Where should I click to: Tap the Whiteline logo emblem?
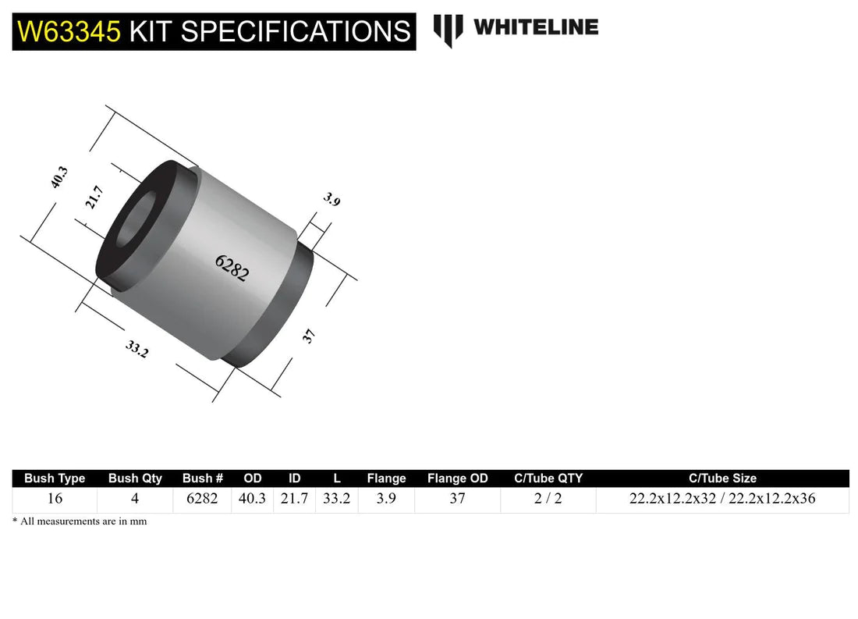[x=448, y=30]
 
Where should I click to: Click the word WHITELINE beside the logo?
[x=536, y=27]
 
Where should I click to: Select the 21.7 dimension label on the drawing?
[x=94, y=197]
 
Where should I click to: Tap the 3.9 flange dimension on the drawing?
[x=331, y=200]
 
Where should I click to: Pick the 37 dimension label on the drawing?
[x=309, y=336]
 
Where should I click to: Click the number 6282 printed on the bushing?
[x=232, y=268]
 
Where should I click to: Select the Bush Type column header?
[x=55, y=478]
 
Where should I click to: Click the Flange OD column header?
[x=457, y=478]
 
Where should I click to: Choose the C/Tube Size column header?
[x=722, y=478]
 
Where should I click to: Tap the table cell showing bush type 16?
[x=55, y=499]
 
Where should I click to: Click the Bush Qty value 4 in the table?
[x=135, y=499]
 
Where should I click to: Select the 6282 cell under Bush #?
[x=203, y=499]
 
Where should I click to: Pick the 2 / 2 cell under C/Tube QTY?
[x=548, y=499]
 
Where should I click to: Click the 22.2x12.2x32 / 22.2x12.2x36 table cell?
[x=722, y=499]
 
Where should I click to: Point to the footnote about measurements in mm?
[x=80, y=521]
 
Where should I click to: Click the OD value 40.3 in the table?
[x=253, y=499]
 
